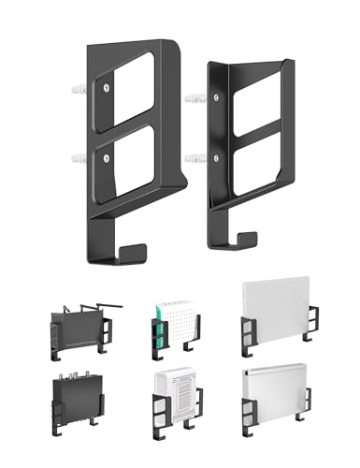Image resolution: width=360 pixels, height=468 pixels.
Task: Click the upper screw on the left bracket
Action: [108, 89]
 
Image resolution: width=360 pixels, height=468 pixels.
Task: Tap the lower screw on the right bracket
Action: [220, 154]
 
